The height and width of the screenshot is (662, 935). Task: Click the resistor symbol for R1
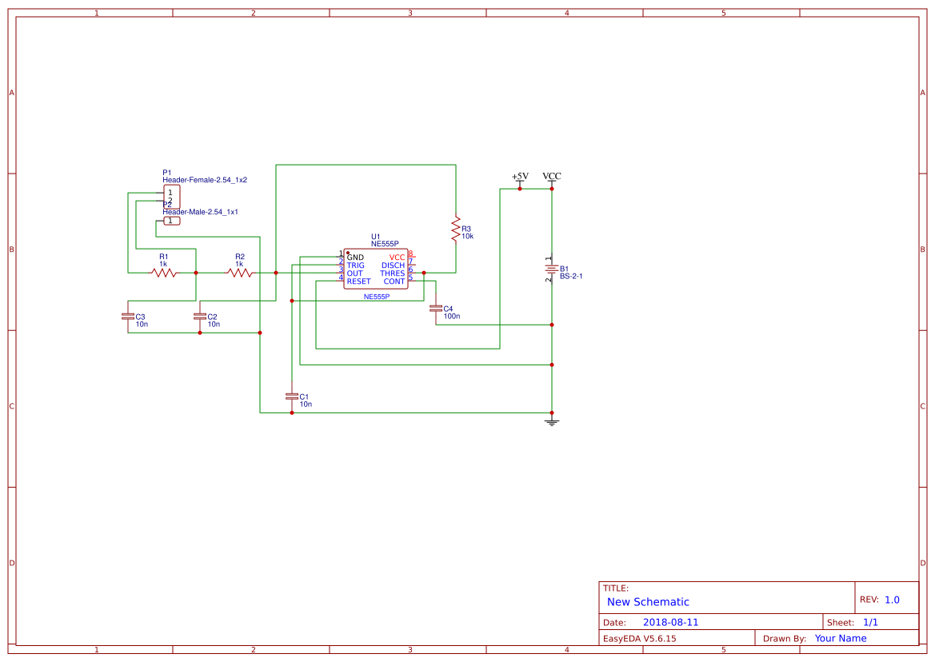coord(164,273)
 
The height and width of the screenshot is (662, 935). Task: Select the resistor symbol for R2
coord(240,273)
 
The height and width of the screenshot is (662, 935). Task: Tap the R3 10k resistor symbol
coord(455,229)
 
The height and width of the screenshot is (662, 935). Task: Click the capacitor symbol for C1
coord(291,397)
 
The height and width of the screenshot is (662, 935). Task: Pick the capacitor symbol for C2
coord(199,317)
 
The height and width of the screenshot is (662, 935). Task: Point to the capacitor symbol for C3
coord(127,317)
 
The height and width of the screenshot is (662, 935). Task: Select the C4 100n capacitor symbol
coord(435,309)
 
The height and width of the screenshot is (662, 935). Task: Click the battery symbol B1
coord(551,269)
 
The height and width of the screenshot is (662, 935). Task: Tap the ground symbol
coord(551,421)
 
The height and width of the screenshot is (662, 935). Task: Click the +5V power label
coord(520,176)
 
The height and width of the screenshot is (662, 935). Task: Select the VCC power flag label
coord(551,176)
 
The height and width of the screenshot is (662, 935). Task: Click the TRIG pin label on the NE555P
coord(355,265)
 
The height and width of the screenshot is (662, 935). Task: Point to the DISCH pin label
coord(393,265)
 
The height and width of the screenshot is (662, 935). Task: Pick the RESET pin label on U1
coord(358,281)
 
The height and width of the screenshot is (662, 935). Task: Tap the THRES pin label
coord(392,273)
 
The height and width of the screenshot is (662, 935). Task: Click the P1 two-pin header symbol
coord(171,197)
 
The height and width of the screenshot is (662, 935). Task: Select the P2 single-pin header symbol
coord(171,221)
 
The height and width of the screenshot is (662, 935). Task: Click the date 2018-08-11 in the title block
coord(670,622)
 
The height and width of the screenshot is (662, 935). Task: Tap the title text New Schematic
coord(648,602)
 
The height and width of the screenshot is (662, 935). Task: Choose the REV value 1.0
coord(892,600)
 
